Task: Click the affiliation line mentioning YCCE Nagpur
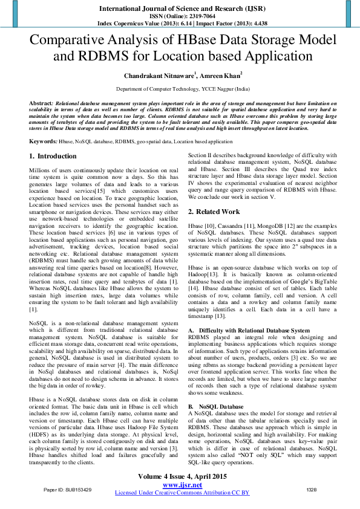click(180, 88)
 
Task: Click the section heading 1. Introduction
click(53, 156)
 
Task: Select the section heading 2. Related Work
click(214, 212)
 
